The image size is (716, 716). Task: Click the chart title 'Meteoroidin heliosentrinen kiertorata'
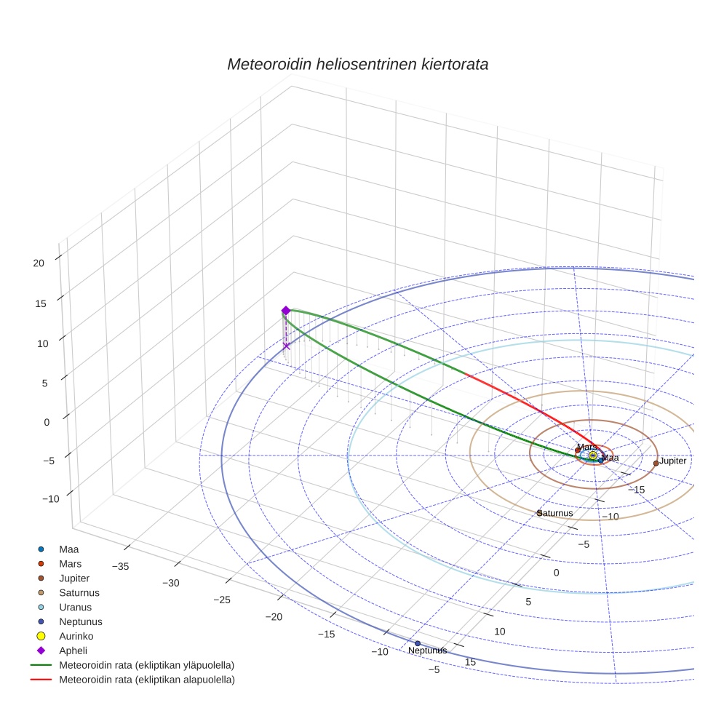(x=357, y=64)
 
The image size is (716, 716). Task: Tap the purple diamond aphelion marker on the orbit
(x=286, y=311)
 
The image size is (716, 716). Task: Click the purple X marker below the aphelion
(x=286, y=346)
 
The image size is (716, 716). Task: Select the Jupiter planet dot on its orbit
(x=656, y=463)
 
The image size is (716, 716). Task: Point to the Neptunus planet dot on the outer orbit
(x=417, y=643)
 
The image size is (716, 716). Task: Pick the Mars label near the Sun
(x=587, y=446)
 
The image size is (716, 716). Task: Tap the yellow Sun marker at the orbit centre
(x=593, y=456)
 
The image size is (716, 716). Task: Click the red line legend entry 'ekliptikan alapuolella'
(x=146, y=680)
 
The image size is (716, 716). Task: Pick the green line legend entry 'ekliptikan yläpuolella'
(x=146, y=665)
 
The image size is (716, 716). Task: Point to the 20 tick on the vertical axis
(x=39, y=263)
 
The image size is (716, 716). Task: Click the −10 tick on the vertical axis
(x=51, y=498)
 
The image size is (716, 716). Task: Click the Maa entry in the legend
(x=69, y=549)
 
